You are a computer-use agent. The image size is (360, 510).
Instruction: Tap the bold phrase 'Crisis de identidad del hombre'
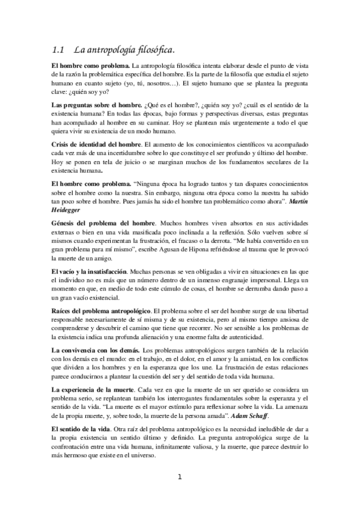pyautogui.click(x=96, y=144)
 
